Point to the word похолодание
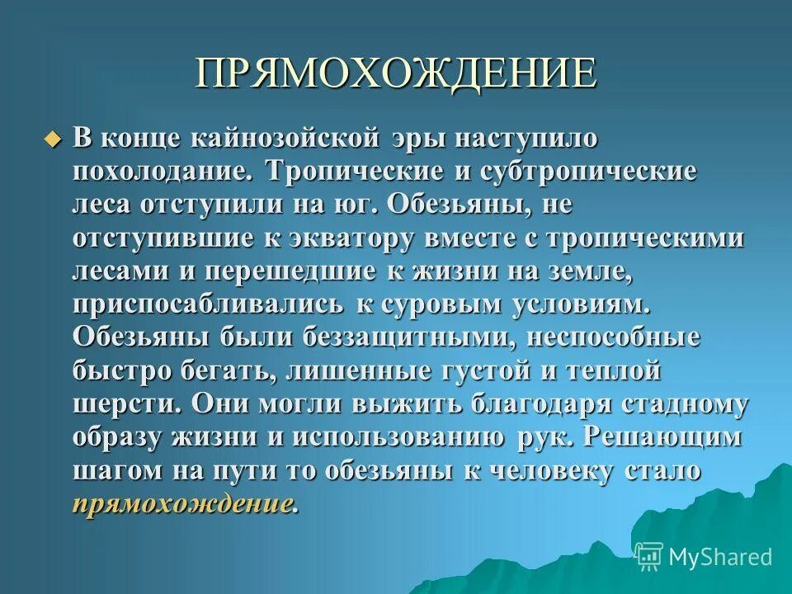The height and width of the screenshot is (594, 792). (164, 173)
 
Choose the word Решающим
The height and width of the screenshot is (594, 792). (662, 437)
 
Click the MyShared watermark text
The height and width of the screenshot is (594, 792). (721, 557)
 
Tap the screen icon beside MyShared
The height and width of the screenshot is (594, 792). (649, 556)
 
